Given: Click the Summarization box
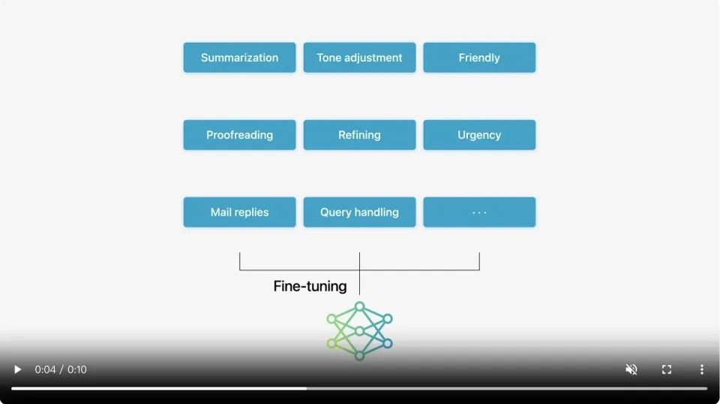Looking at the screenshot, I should coord(239,58).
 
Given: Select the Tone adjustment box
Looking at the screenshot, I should coord(359,58).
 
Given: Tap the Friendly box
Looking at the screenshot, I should coord(479,58).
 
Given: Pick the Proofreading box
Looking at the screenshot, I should coord(239,135).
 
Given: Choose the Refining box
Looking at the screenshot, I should coord(359,135).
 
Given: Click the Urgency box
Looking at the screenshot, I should coord(479,135).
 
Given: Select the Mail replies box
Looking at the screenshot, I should coord(239,213).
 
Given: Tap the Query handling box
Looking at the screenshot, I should coord(359,213).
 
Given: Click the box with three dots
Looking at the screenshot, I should coord(479,213).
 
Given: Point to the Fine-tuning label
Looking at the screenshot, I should coord(310,286).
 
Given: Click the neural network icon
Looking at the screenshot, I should coord(359,331).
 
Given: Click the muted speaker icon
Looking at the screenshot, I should coord(631,369).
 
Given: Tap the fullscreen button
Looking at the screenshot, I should coord(666,369).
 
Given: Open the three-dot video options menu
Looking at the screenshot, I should coord(701,369).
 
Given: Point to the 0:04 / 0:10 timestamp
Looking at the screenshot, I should coord(61,369).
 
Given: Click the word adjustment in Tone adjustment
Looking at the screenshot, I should coord(373,58).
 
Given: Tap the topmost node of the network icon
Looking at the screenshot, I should coord(359,306).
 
